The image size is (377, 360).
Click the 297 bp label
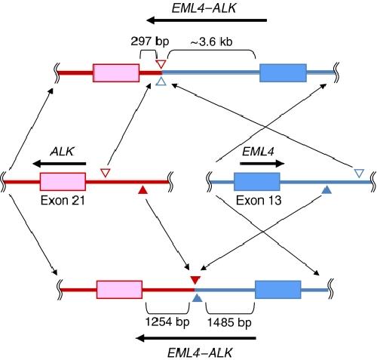150,42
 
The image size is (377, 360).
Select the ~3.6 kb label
211,42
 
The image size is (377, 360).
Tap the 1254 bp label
167,322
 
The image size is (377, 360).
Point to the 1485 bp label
229,322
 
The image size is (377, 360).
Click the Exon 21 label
63,201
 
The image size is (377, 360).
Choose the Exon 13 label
259,201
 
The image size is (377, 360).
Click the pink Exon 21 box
63,182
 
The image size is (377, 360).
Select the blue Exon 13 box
257,182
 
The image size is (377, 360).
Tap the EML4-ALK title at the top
204,8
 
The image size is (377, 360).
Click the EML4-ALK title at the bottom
200,352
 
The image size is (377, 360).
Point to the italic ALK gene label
62,152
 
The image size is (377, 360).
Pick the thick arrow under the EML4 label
262,164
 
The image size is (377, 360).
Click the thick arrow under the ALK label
60,164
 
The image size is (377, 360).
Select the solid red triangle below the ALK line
143,190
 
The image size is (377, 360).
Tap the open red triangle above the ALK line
106,173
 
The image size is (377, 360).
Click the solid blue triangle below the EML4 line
326,189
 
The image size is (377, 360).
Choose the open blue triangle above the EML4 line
359,173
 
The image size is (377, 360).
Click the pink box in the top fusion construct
116,73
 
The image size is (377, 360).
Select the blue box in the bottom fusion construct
278,290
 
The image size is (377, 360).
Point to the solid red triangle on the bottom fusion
195,280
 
